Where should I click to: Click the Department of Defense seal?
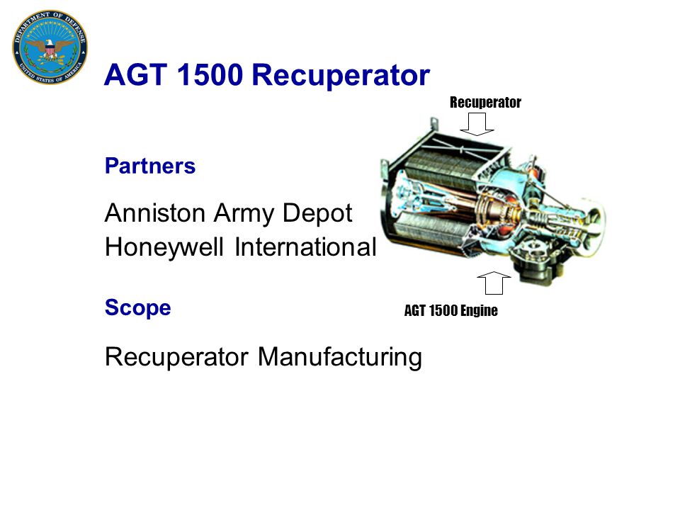[50, 48]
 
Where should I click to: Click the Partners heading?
[150, 166]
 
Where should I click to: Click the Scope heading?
[137, 308]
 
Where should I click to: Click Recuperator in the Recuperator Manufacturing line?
[177, 357]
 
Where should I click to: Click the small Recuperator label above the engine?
[485, 103]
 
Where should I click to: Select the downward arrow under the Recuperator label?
[477, 124]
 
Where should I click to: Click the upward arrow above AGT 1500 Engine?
[494, 282]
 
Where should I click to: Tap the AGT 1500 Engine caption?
[450, 311]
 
